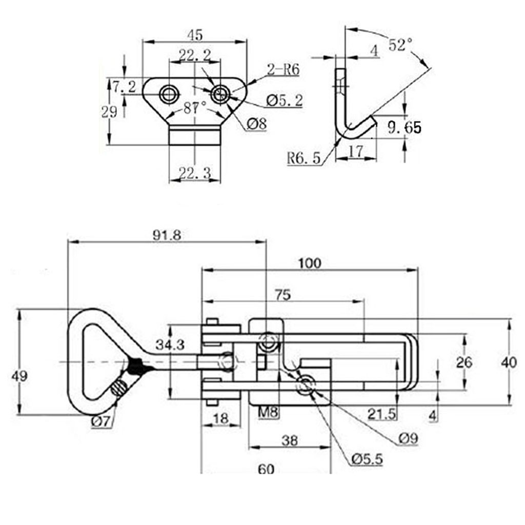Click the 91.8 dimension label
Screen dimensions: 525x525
click(167, 235)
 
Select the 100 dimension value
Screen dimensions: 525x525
click(310, 263)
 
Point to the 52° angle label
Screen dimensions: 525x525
click(400, 45)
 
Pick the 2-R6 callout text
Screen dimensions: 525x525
click(283, 70)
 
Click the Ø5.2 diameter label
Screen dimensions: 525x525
click(285, 101)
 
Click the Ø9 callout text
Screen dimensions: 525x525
click(408, 438)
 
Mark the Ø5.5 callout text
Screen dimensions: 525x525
click(367, 459)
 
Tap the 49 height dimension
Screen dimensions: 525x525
click(20, 376)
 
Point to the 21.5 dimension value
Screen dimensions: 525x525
click(382, 413)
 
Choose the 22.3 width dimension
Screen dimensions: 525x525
click(194, 174)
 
